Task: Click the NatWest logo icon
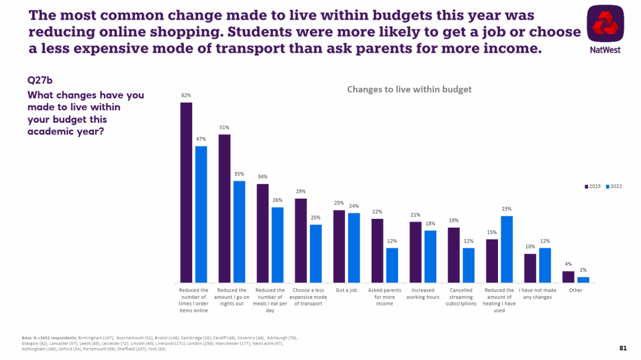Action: (x=605, y=23)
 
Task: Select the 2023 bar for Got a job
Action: (x=339, y=246)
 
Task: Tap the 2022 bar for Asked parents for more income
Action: (x=392, y=265)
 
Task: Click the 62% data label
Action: (x=186, y=95)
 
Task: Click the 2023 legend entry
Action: (x=593, y=186)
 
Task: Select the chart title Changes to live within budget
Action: (x=409, y=90)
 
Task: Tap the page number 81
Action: (x=623, y=348)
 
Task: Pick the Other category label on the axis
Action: (x=575, y=290)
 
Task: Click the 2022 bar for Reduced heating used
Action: (x=507, y=249)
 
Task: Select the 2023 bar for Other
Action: (x=569, y=276)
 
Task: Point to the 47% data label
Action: (x=201, y=138)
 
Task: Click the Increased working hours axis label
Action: (x=423, y=294)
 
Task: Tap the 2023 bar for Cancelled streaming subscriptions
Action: (x=453, y=254)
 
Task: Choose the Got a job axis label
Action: (x=346, y=290)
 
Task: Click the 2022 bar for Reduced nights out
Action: (x=239, y=231)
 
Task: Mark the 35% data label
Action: (x=239, y=174)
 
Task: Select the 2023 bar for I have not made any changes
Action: (x=530, y=267)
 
